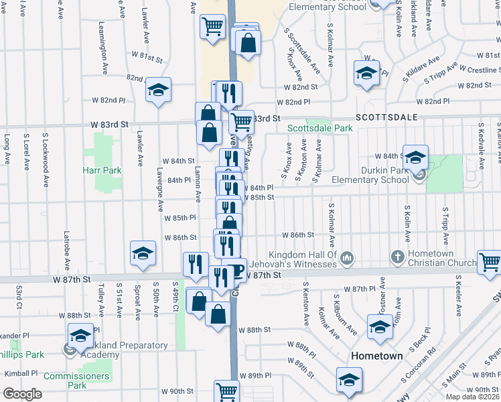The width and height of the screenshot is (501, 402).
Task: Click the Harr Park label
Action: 103,170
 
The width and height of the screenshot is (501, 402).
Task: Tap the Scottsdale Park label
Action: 319,128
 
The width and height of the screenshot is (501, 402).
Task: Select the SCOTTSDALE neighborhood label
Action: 386,117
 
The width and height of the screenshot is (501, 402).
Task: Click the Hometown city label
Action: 377,356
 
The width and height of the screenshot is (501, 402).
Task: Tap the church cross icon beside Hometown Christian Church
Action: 397,257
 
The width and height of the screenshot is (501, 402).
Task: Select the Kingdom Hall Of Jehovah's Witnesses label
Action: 303,259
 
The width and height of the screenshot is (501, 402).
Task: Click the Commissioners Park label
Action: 75,381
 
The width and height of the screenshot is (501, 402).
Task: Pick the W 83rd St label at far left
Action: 110,125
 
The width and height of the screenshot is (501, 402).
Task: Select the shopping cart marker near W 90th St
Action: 227,391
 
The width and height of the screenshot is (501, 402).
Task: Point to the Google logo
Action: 22,394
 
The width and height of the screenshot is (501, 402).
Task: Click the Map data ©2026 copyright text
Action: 473,397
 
